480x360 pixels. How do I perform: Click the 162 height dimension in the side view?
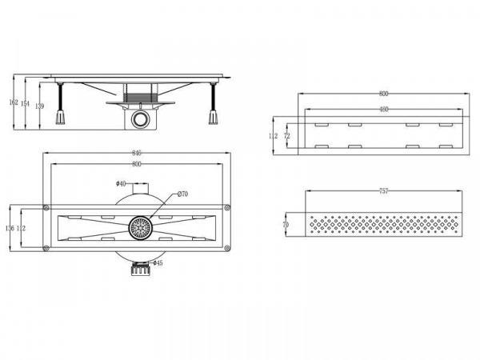(x=13, y=102)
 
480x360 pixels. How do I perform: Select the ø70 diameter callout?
(x=182, y=194)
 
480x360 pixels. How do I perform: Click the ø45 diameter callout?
(x=158, y=263)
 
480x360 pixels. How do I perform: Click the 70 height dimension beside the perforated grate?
(x=286, y=226)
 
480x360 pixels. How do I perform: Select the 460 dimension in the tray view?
(x=383, y=110)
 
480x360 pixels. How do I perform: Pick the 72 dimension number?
(x=286, y=136)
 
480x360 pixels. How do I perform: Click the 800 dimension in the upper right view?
(x=384, y=94)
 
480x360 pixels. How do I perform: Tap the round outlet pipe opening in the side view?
(x=142, y=120)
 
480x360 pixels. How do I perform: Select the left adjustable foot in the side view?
(x=59, y=118)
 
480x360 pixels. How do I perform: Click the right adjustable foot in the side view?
(x=214, y=118)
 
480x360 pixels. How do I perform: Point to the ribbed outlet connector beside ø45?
(x=141, y=270)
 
